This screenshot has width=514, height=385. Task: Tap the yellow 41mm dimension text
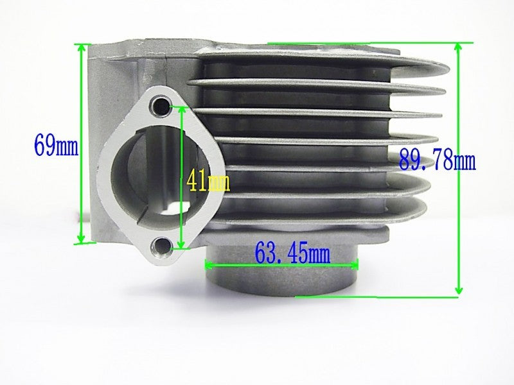click(208, 181)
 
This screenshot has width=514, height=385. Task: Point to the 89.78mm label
click(437, 158)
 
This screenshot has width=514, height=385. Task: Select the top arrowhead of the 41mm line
click(182, 110)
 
